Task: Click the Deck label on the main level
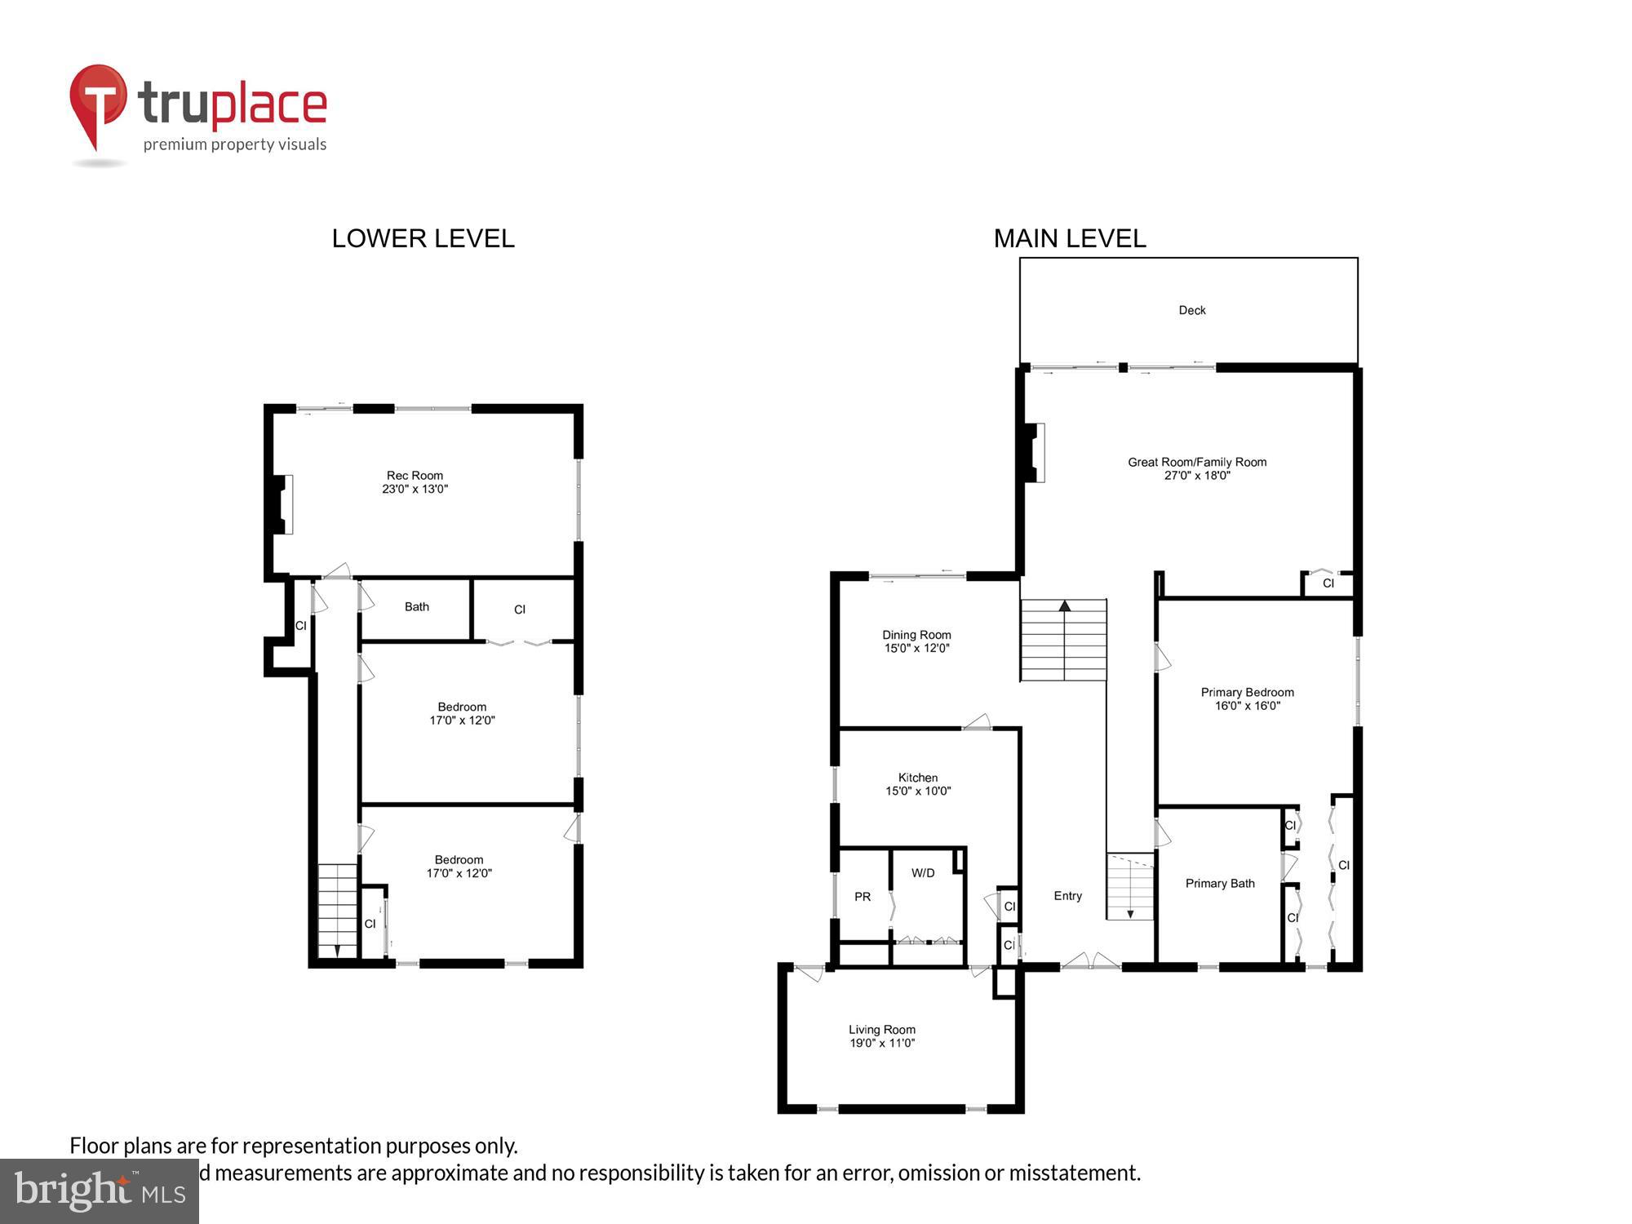point(1191,310)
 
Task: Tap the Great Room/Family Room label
point(1197,462)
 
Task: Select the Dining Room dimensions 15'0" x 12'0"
point(916,649)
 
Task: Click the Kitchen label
point(918,778)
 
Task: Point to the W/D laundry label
point(923,873)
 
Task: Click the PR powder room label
point(863,897)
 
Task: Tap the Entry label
point(1067,896)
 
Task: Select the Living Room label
point(882,1030)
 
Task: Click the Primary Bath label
point(1220,884)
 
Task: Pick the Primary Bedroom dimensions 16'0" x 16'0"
point(1248,706)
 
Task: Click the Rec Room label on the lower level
point(415,476)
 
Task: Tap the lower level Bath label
point(416,607)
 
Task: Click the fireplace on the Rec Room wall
point(282,504)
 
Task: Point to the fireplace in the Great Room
point(1035,452)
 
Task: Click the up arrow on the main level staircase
point(1064,606)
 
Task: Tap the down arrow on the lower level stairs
point(337,951)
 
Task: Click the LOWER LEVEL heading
point(423,238)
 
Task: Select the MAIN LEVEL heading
point(1069,238)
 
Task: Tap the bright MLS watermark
point(100,1192)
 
